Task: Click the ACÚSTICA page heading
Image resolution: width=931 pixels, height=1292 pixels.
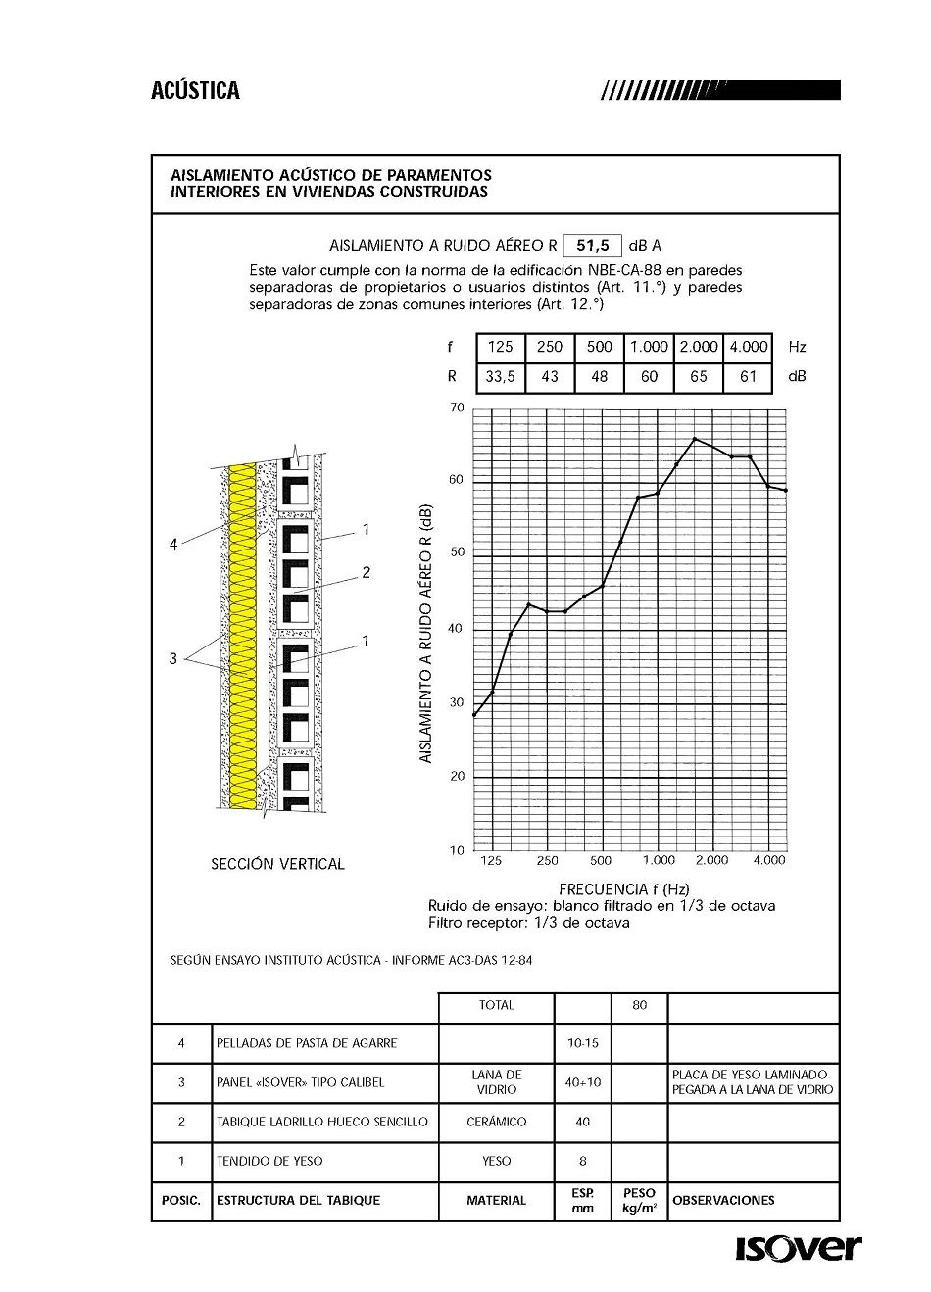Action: [195, 91]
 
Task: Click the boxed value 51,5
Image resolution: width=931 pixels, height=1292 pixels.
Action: [593, 245]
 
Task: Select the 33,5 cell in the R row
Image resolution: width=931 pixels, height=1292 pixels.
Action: [500, 377]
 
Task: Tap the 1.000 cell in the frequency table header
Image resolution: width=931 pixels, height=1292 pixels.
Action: [649, 347]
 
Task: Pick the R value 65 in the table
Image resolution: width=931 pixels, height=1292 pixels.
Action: [699, 377]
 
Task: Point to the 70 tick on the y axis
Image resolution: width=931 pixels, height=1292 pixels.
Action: [457, 407]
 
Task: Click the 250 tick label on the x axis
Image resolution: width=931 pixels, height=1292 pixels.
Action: [547, 860]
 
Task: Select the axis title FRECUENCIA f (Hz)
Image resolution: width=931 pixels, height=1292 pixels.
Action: [623, 888]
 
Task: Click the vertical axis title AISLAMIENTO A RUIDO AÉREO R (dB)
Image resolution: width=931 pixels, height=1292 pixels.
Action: [425, 634]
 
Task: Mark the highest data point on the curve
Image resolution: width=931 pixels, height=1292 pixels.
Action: [695, 439]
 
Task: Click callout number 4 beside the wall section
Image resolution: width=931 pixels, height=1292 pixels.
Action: [173, 544]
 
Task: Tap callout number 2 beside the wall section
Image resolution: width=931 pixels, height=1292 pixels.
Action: [366, 572]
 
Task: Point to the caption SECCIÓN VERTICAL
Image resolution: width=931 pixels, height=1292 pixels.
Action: [277, 864]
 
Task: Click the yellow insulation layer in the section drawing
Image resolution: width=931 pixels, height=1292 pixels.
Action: [241, 637]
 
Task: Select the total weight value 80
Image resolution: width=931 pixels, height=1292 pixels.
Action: [640, 1005]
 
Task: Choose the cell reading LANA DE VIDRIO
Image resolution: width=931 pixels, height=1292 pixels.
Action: [496, 1082]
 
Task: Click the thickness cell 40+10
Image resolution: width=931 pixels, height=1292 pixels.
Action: [583, 1082]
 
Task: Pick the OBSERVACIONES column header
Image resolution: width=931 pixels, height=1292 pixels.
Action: [723, 1200]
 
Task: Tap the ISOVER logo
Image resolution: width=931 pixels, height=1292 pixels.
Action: [798, 1249]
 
